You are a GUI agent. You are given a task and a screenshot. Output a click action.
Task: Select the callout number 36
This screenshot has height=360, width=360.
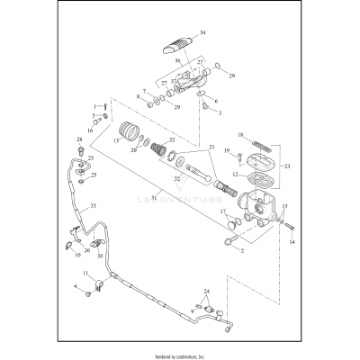tap(177, 61)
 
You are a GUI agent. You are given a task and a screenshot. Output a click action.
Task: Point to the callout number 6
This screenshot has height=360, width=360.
tap(215, 102)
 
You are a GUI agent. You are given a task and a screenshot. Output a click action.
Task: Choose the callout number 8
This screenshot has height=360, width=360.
tap(139, 95)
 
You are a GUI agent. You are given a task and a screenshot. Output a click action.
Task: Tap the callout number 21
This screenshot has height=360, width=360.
tap(211, 147)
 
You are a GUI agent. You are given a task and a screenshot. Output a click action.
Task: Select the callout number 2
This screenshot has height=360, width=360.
tap(241, 252)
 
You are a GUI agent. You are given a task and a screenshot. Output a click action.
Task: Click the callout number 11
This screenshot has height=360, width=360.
tap(86, 273)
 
